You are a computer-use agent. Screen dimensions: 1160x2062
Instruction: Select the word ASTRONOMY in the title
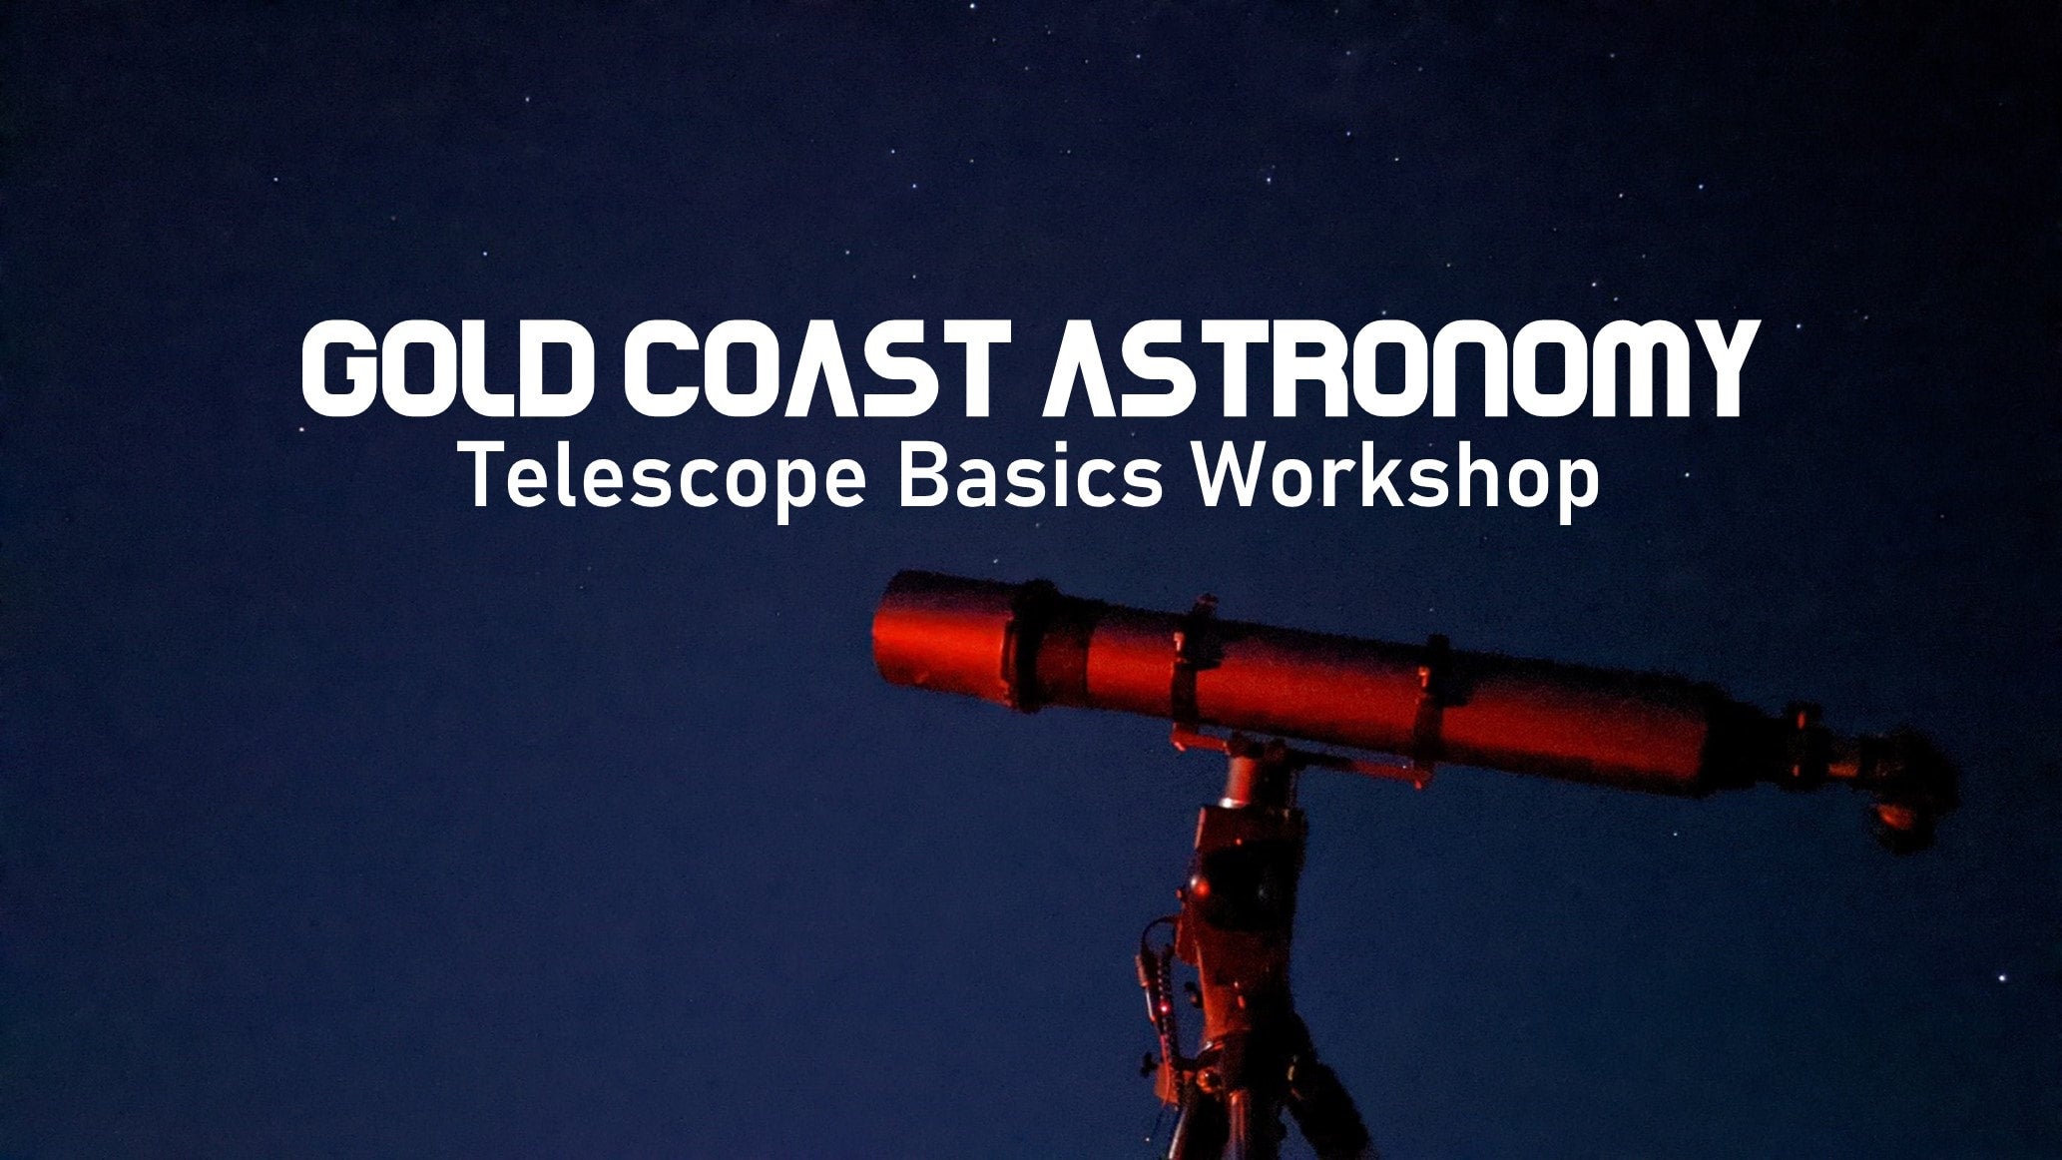[x=1397, y=369]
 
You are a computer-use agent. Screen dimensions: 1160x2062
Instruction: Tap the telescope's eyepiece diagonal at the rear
[x=1911, y=789]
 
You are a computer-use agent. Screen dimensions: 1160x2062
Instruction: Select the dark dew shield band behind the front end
[x=1043, y=644]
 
